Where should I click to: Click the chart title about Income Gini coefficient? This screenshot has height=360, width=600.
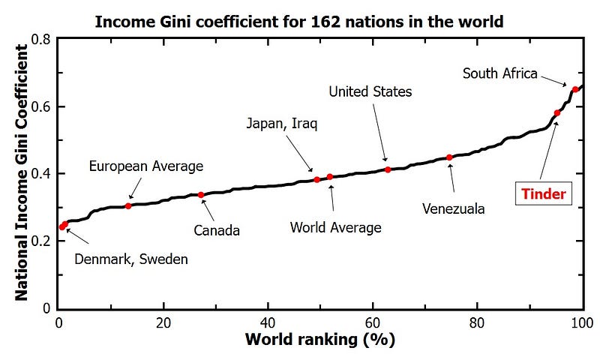tap(298, 21)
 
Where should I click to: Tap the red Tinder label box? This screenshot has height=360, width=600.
tap(544, 194)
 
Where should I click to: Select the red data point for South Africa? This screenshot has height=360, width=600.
tap(575, 89)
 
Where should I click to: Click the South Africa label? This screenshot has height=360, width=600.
tap(500, 73)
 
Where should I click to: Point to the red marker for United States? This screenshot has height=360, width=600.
tap(388, 169)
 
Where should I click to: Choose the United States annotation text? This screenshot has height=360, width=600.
tap(370, 92)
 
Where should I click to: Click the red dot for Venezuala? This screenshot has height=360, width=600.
tap(449, 157)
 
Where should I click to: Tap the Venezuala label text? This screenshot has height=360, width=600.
tap(454, 208)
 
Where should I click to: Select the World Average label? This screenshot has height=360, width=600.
tap(336, 227)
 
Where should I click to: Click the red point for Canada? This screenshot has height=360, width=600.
tap(201, 195)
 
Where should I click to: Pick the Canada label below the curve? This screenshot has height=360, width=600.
tap(217, 230)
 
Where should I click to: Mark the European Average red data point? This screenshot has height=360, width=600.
tap(128, 205)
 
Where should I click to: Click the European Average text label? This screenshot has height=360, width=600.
tap(146, 166)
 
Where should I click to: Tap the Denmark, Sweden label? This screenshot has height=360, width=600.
tap(131, 259)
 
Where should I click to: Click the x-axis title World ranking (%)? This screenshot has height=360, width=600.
tap(320, 340)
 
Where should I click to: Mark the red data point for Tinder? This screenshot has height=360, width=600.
tap(557, 113)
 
